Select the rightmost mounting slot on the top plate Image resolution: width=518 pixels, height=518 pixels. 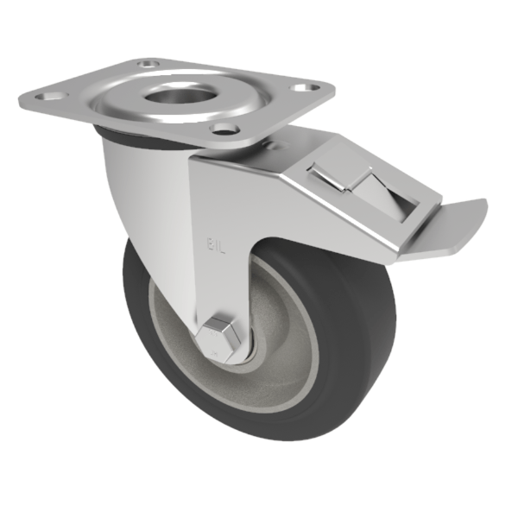coord(303,86)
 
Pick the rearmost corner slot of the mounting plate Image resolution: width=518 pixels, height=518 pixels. coord(148,63)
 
